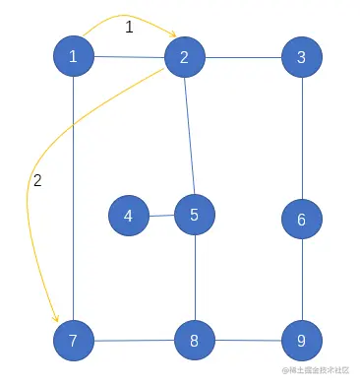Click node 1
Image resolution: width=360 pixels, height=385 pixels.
[x=74, y=58]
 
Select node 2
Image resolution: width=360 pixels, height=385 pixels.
[x=185, y=58]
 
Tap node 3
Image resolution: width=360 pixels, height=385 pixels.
[x=302, y=58]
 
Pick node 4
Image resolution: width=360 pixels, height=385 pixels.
[x=129, y=216]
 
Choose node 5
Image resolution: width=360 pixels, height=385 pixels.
[x=195, y=214]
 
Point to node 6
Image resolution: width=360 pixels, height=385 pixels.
[x=302, y=220]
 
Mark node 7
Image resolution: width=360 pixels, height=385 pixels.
[x=74, y=342]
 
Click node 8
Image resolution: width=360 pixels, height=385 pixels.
[x=195, y=342]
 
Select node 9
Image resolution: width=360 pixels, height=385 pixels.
[x=302, y=342]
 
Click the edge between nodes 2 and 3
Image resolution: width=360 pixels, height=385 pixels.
[x=243, y=58]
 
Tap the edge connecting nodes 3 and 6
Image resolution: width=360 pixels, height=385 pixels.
[x=302, y=139]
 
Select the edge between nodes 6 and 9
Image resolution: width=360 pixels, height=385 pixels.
[x=302, y=281]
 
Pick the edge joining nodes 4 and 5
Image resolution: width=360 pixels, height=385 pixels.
[x=162, y=215]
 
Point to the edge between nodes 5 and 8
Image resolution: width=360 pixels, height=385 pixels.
[x=195, y=278]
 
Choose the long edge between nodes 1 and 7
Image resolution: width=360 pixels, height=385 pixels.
[x=74, y=197]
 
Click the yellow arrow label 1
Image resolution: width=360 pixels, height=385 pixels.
[x=129, y=28]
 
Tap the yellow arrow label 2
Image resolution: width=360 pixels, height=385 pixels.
[x=37, y=180]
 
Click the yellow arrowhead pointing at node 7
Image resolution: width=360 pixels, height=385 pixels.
[x=58, y=318]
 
